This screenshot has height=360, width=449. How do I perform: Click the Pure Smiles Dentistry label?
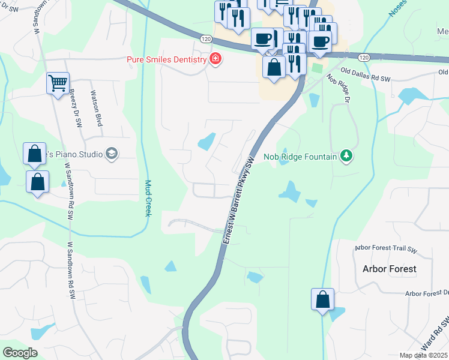coord(166,59)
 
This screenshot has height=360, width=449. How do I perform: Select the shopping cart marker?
coord(58,83)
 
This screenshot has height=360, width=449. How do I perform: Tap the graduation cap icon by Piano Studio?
coord(111,154)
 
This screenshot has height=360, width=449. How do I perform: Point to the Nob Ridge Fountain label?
coord(301,157)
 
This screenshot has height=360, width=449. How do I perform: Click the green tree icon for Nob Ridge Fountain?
coord(346,157)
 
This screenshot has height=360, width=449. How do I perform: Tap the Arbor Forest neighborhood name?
coord(389,269)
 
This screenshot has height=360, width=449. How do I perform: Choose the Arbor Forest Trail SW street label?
coord(386,247)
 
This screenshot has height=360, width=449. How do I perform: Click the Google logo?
coord(20,352)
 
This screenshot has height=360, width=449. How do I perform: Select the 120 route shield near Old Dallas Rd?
coord(363,57)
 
